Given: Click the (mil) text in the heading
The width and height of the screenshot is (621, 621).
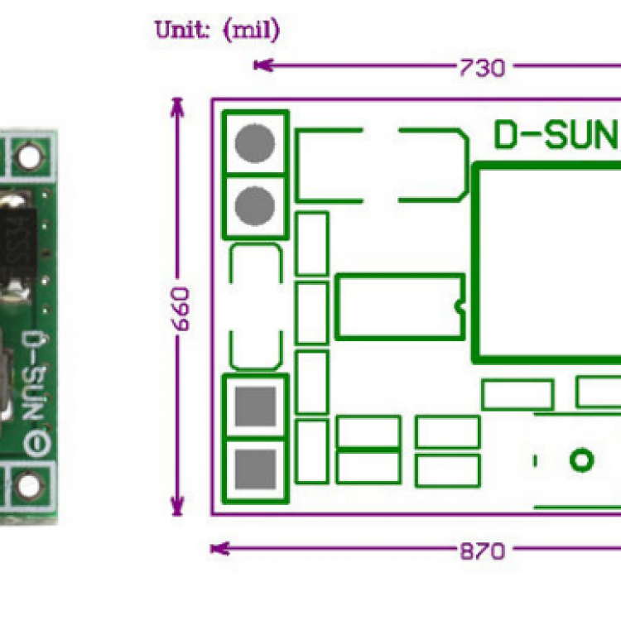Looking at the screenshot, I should tap(251, 31).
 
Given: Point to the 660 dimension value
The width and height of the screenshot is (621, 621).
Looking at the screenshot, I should tap(181, 309).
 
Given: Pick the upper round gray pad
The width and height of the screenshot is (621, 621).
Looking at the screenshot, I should tap(254, 143).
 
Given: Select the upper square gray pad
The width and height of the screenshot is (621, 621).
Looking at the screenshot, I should tap(255, 405).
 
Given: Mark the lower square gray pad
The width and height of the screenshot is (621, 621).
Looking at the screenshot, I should tap(255, 469).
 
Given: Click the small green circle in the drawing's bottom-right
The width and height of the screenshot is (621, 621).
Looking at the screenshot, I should tap(582, 459).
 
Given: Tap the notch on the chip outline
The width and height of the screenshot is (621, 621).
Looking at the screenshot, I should tap(460, 306).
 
